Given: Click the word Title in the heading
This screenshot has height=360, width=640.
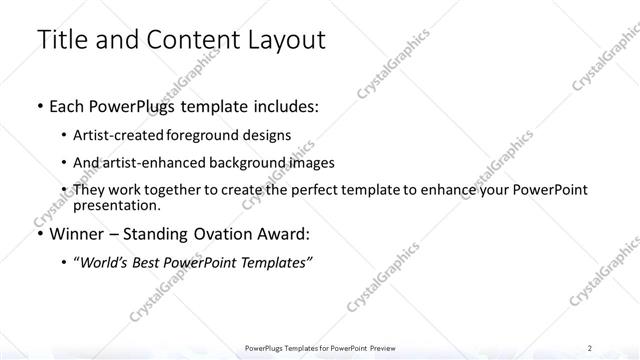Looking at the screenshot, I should point(62,40).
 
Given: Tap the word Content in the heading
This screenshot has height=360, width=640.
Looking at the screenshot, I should point(190,40).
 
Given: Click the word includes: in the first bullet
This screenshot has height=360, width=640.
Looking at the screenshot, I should point(281,106).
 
